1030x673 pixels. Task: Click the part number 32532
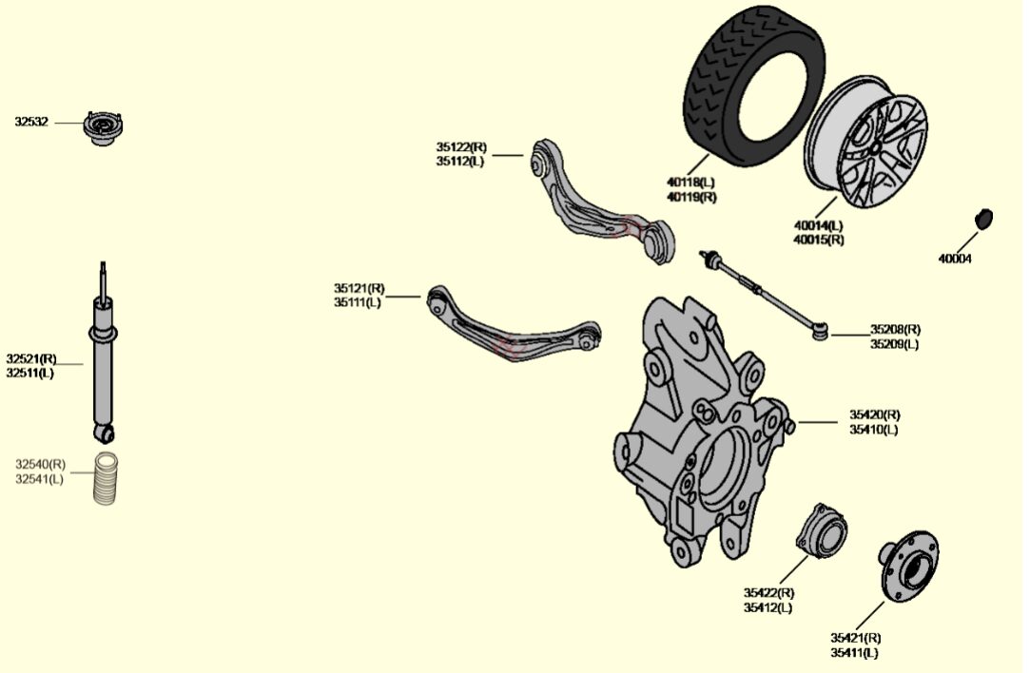click(x=31, y=122)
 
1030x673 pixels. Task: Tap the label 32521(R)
click(x=31, y=358)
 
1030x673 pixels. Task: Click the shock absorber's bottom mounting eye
click(x=105, y=433)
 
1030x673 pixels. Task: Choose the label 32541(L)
click(x=40, y=479)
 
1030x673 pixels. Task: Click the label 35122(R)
click(x=461, y=147)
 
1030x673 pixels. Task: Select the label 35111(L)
click(x=358, y=302)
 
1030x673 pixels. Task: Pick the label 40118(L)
click(x=690, y=182)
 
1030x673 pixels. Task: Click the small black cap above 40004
click(x=983, y=217)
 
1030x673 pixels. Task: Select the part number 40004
click(x=955, y=258)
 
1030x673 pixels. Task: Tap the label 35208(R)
click(x=895, y=330)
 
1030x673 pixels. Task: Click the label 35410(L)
click(x=874, y=429)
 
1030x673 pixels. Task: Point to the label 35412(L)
click(x=768, y=607)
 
